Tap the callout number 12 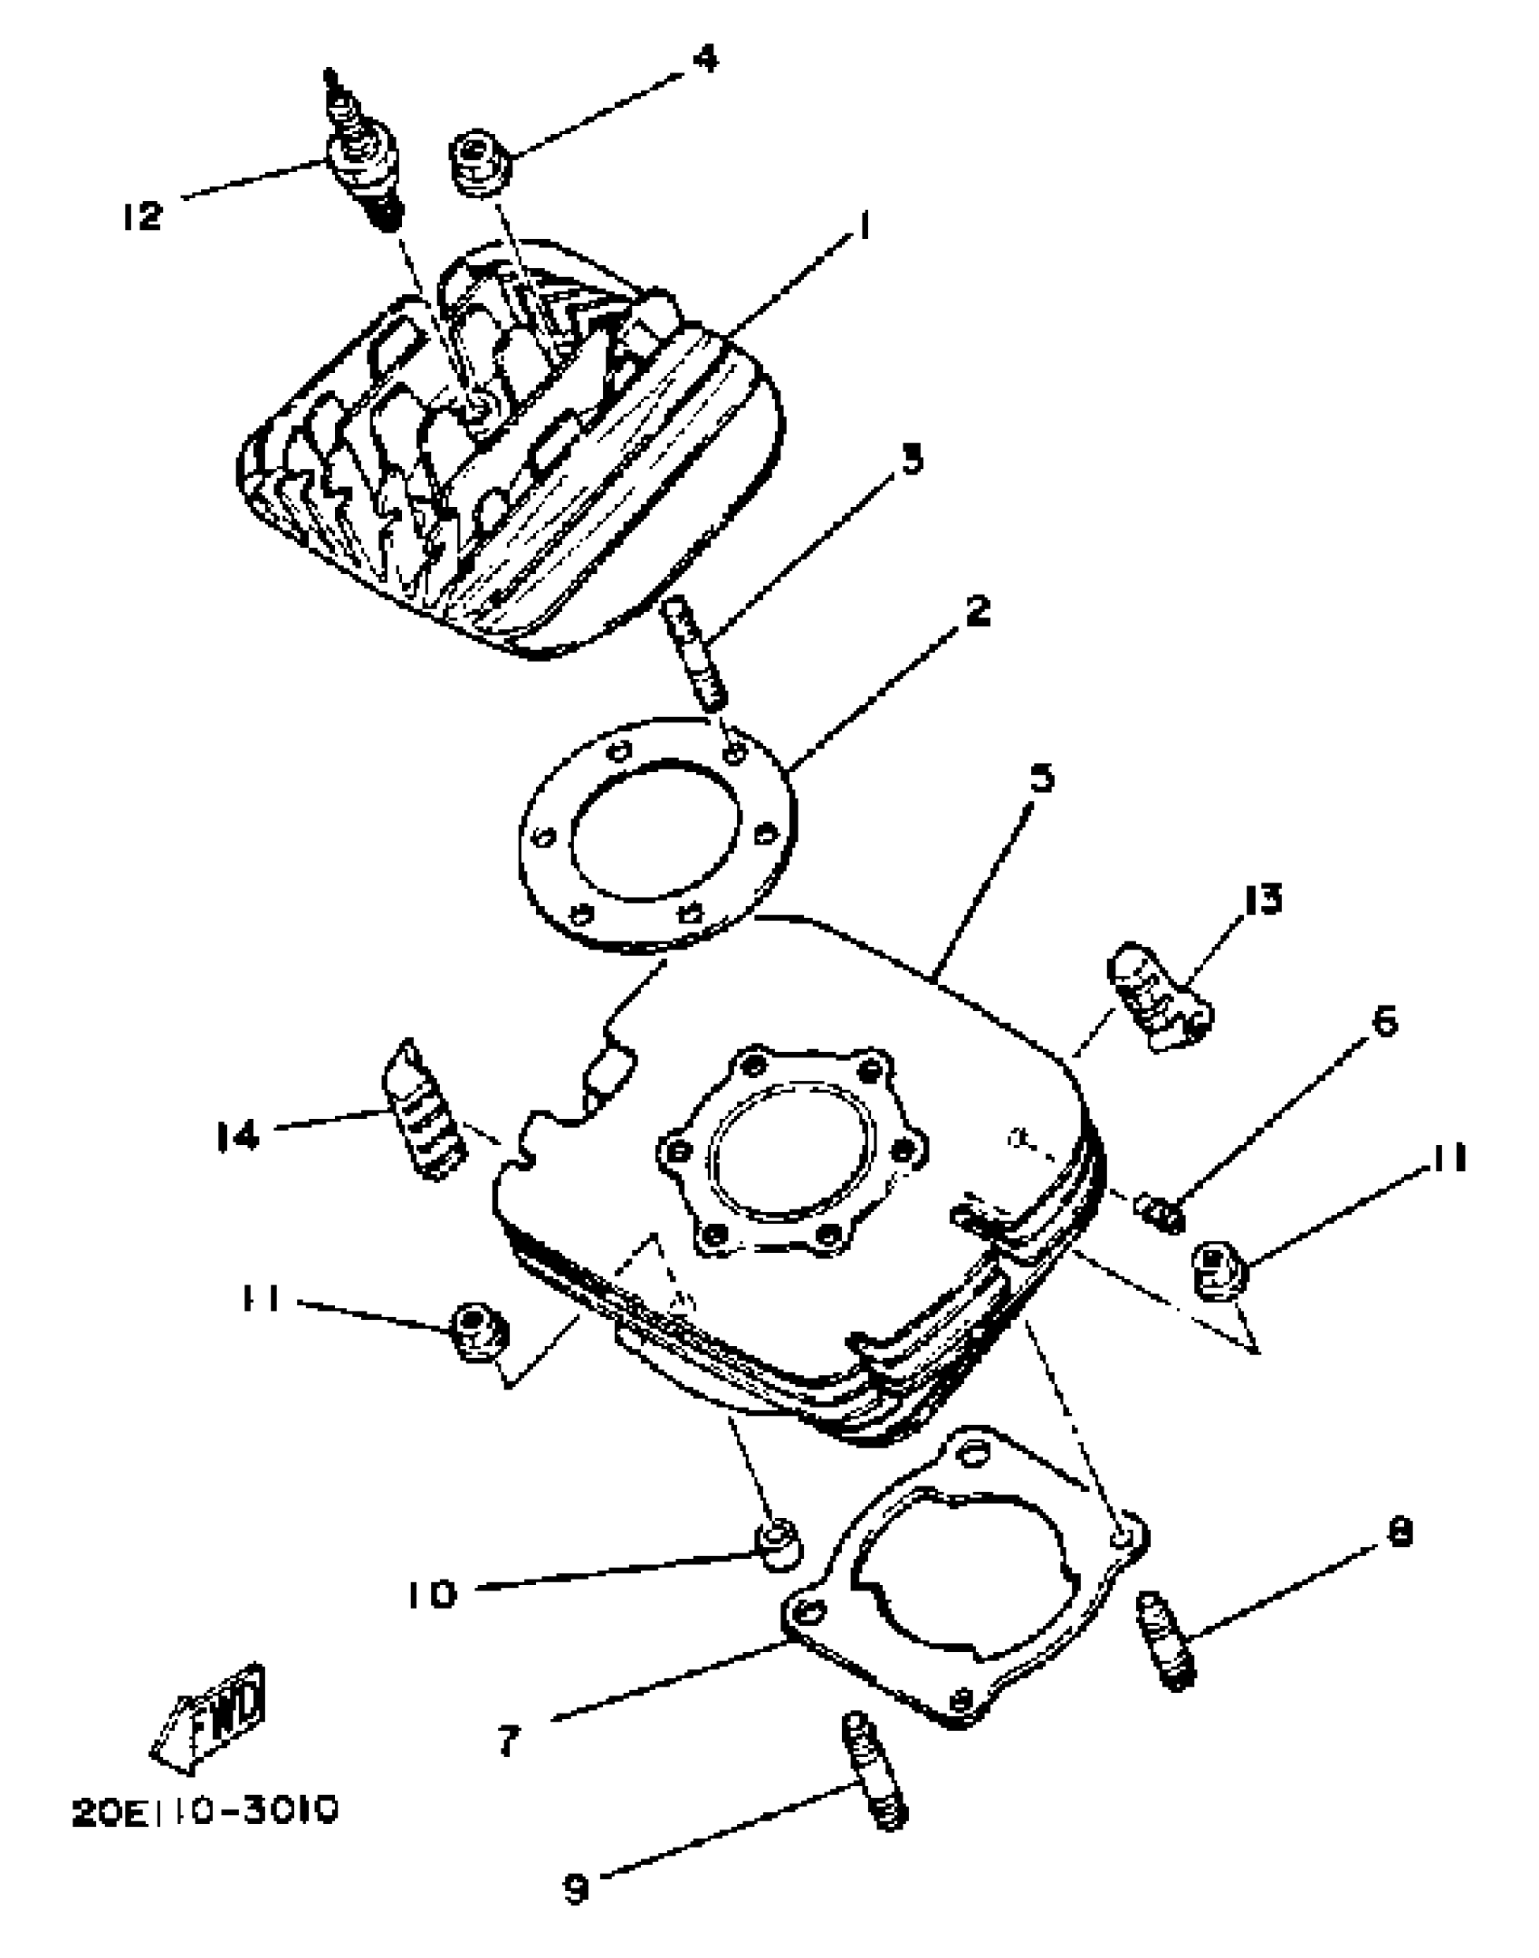(x=142, y=216)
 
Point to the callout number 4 (x=704, y=59)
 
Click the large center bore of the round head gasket (x=655, y=831)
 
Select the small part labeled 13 (x=1159, y=998)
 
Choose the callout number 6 (x=1384, y=1021)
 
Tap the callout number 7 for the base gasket (x=509, y=1739)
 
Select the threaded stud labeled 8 (x=1166, y=1639)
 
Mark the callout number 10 (x=431, y=1594)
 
